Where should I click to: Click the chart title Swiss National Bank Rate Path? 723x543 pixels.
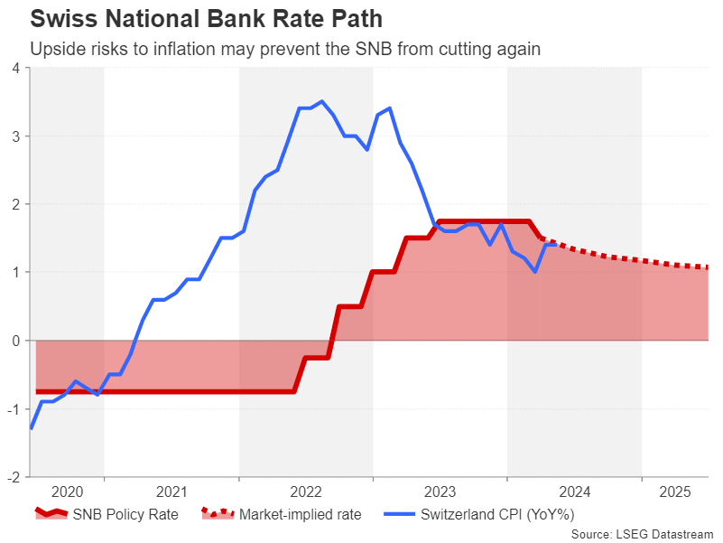pos(206,18)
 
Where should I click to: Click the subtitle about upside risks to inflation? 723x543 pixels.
pos(285,49)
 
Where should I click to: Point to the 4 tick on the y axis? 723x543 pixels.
pos(16,68)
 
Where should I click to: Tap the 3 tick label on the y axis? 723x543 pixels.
pos(16,136)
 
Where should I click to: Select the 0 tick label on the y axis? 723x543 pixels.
pos(16,341)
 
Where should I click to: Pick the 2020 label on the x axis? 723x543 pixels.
pos(67,492)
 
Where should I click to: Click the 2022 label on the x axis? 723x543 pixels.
pos(306,492)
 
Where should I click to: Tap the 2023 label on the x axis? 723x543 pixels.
pos(440,492)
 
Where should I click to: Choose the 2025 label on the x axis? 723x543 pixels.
pos(675,492)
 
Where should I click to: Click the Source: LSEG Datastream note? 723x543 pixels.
pos(643,534)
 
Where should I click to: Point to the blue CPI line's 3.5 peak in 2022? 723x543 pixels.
pos(322,101)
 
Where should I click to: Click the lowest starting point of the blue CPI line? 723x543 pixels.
pos(32,428)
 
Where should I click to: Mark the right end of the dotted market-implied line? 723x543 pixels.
pos(706,267)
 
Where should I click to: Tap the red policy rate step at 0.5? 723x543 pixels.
pos(350,306)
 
